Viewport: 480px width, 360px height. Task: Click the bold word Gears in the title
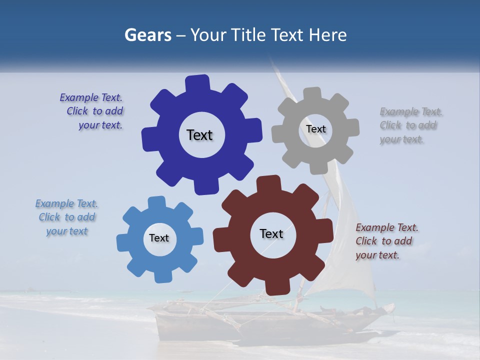tap(147, 35)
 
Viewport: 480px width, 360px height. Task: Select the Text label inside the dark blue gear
tap(199, 135)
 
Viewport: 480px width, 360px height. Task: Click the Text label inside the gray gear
tap(315, 129)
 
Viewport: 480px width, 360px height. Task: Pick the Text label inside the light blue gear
tap(159, 238)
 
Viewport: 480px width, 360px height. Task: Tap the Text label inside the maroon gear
tap(271, 233)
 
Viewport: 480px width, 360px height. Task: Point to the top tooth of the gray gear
tap(312, 94)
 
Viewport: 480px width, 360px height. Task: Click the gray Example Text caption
tap(409, 125)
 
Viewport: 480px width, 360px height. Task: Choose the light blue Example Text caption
tap(67, 217)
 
